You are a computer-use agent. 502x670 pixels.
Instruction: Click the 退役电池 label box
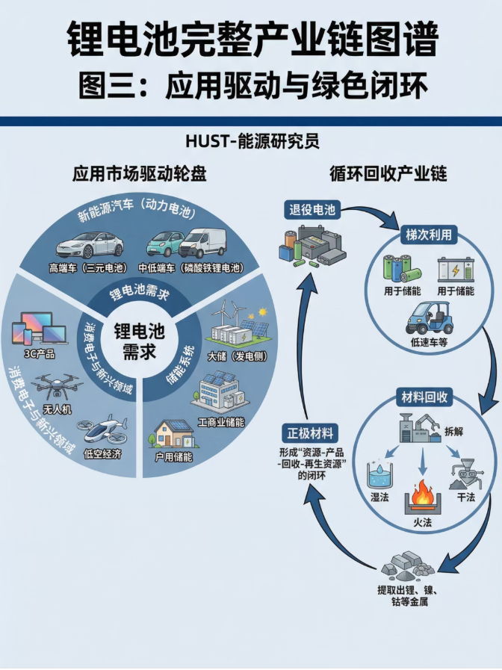[312, 210]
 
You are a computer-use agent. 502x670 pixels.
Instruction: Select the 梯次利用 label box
[428, 234]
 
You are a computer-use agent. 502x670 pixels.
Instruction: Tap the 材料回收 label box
[423, 397]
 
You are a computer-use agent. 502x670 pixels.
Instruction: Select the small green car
[164, 244]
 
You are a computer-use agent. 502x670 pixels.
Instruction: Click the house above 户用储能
[173, 434]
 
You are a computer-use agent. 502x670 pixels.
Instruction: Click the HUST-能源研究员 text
[251, 140]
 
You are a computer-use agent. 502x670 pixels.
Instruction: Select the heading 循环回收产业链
[388, 173]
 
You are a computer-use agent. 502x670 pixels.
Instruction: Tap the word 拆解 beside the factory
[463, 431]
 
